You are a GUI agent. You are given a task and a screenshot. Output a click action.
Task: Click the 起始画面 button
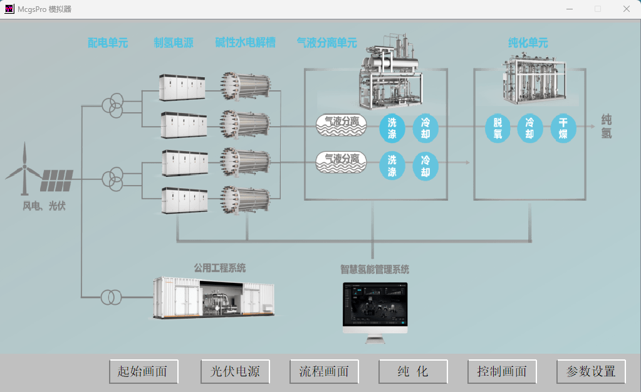143,371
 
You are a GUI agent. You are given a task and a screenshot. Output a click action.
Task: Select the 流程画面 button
324,371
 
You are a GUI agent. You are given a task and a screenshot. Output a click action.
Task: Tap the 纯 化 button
413,371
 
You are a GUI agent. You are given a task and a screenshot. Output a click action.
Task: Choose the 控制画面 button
502,371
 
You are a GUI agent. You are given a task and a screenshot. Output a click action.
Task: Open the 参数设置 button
591,371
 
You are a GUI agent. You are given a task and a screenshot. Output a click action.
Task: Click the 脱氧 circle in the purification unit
498,129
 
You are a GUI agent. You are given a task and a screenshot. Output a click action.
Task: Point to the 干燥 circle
563,129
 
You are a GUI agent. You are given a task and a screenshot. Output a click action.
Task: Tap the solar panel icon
56,181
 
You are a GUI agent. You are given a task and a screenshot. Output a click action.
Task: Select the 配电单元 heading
108,43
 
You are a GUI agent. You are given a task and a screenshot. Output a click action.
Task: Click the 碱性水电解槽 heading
246,43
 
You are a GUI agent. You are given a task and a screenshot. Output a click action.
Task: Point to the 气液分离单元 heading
327,43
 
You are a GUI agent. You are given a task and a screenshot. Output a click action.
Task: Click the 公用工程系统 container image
214,297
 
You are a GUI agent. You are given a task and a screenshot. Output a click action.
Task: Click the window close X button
626,9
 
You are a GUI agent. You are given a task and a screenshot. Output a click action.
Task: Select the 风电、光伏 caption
44,206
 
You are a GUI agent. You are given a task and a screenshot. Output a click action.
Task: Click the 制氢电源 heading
174,43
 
